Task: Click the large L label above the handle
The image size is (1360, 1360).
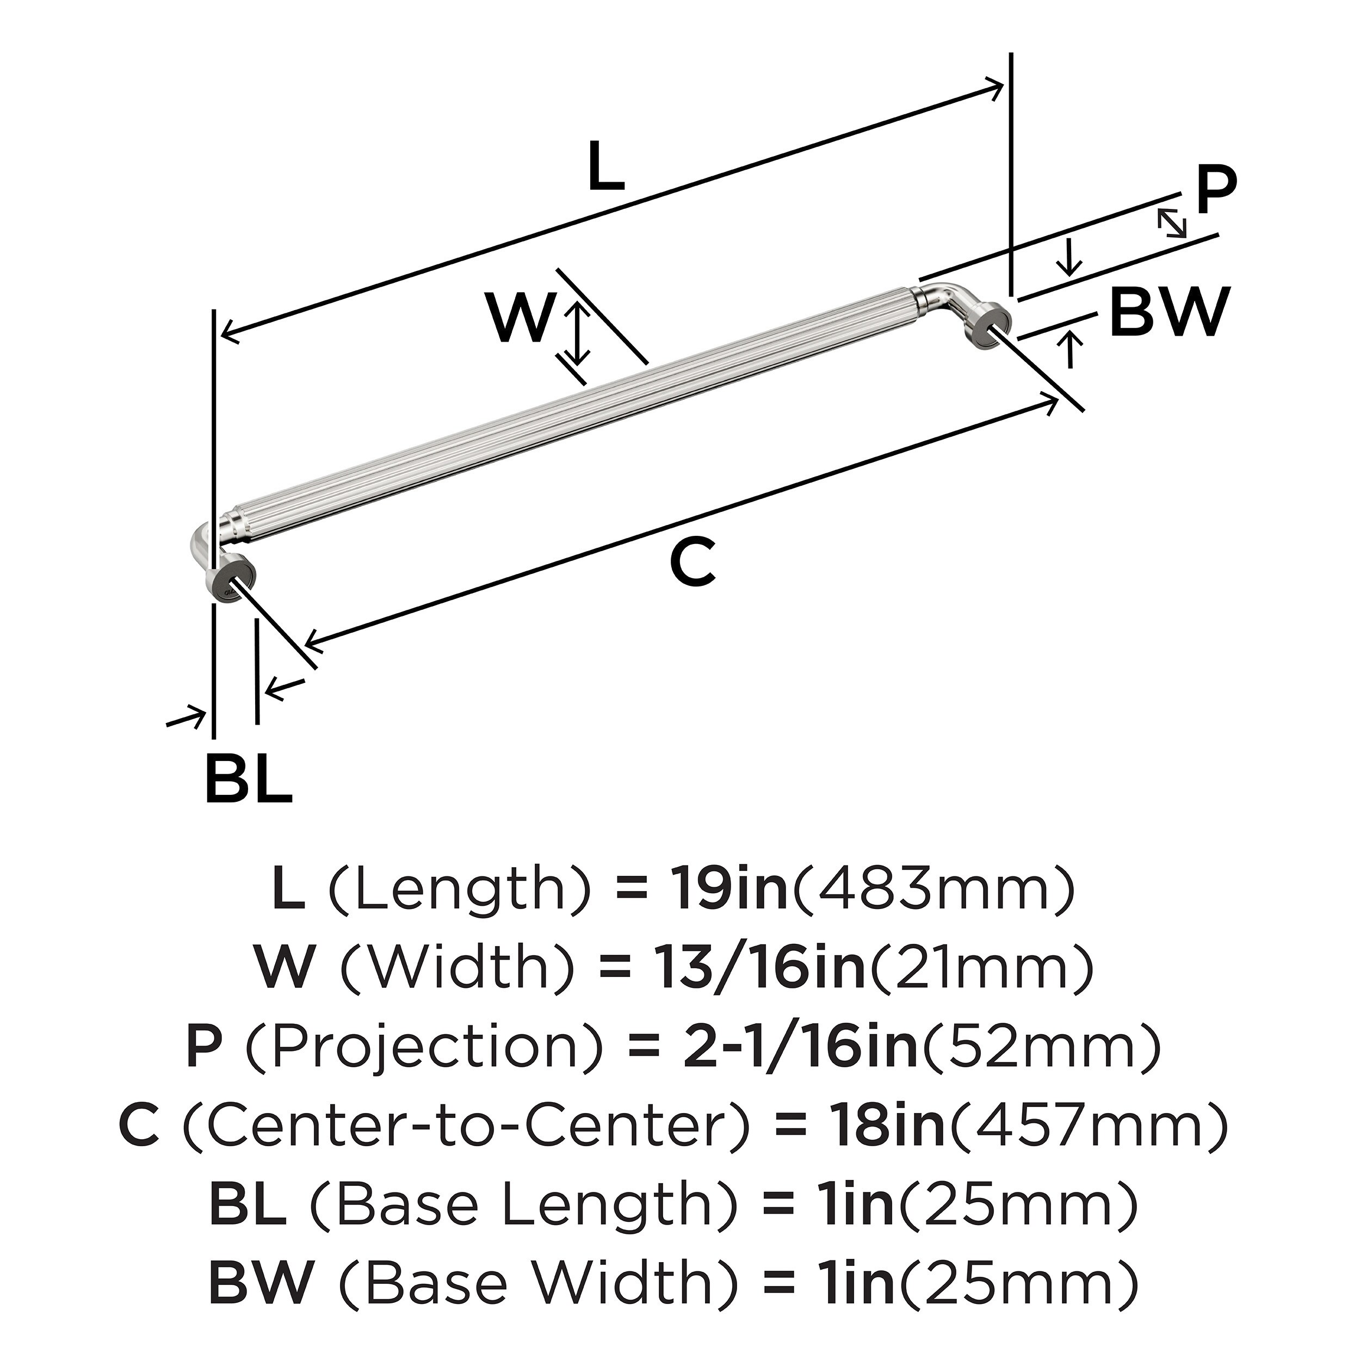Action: click(x=606, y=167)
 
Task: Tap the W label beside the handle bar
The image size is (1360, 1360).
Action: click(x=520, y=319)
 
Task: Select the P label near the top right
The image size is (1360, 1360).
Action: click(x=1216, y=191)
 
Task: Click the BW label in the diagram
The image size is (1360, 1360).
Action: click(x=1169, y=312)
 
